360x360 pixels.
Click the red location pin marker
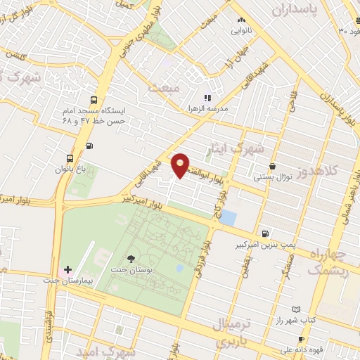181,165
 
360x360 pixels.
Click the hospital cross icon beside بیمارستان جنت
67,269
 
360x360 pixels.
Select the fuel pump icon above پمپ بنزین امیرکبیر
264,234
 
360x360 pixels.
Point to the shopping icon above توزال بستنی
271,166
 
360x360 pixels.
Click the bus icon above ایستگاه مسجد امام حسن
94,100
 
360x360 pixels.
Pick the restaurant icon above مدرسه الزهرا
207,98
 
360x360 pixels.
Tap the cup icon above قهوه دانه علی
301,339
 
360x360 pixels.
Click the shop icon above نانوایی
241,20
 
